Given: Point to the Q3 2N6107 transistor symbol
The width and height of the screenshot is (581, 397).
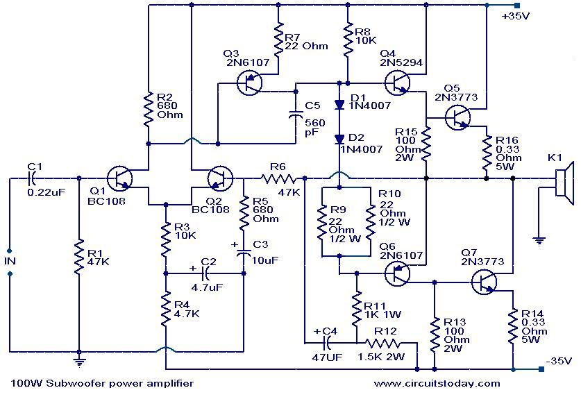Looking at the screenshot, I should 249,84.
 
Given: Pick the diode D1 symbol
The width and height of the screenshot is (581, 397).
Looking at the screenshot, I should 339,105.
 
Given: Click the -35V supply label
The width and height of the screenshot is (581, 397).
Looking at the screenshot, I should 557,361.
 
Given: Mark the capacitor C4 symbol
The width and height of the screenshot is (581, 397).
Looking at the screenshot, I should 324,342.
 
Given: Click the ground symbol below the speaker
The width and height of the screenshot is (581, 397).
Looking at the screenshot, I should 538,241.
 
